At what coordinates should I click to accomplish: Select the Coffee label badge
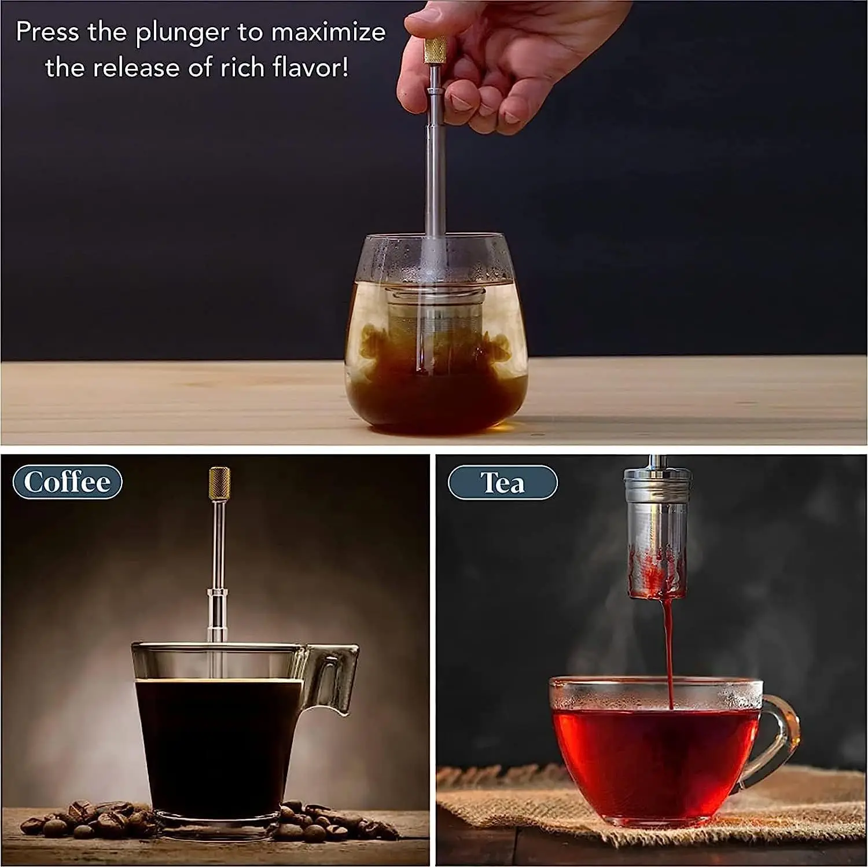point(67,482)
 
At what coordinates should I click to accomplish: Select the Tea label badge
point(502,483)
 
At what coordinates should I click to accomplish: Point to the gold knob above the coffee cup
point(219,485)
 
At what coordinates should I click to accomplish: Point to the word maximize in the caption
point(328,32)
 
